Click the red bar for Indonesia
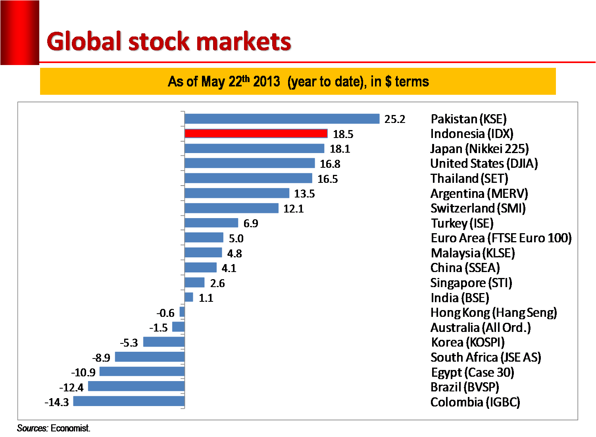coord(256,134)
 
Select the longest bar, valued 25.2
coord(282,119)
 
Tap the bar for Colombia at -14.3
coord(129,401)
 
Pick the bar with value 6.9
coord(211,223)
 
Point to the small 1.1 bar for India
coord(189,297)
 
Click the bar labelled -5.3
coord(164,342)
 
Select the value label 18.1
coord(340,149)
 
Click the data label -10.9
coord(83,372)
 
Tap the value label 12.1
coord(293,209)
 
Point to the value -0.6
coord(165,313)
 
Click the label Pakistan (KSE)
coord(469,119)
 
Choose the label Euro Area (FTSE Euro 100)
coord(501,238)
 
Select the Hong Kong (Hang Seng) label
coord(494,313)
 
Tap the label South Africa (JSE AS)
coord(486,357)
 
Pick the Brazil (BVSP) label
coord(465,387)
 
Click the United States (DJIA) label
coord(484,163)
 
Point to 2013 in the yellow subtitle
coord(267,82)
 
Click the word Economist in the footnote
coord(70,428)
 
